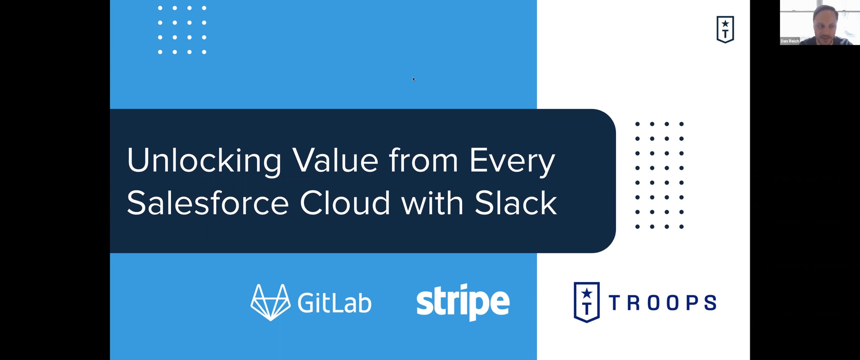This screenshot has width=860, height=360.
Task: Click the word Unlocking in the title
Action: point(204,161)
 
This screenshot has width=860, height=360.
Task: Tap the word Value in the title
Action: point(335,160)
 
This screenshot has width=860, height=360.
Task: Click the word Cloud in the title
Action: point(345,202)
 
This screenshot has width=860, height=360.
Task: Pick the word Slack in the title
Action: point(516,202)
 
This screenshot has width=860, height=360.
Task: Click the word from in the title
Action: point(424,160)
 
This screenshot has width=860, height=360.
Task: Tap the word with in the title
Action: point(432,202)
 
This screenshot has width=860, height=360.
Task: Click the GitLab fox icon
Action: point(271,302)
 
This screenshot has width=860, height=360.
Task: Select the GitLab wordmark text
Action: point(334,303)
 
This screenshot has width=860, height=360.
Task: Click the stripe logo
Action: point(463,302)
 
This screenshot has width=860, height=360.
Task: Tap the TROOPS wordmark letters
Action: point(663,303)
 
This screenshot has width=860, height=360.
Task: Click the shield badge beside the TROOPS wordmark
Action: point(587,302)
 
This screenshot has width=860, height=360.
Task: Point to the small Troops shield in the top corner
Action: point(725,29)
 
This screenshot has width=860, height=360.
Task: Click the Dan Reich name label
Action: point(790,41)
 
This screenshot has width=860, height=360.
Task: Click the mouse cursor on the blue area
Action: point(414,79)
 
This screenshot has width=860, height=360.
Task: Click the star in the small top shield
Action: point(725,24)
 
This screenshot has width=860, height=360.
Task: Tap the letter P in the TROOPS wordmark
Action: point(691,303)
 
